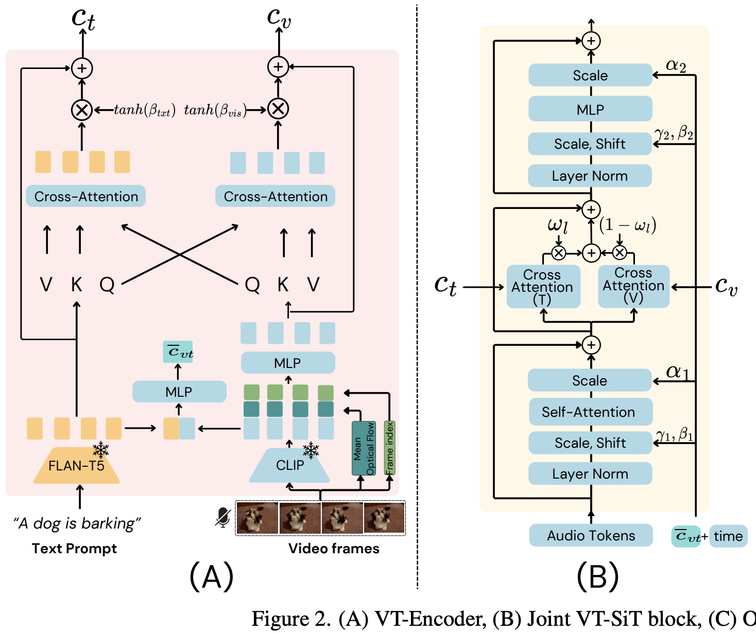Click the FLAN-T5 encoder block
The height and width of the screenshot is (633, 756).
(x=76, y=466)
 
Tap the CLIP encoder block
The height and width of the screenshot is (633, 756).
(x=289, y=465)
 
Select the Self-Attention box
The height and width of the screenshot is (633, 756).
(x=590, y=412)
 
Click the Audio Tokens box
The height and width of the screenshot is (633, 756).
(x=591, y=536)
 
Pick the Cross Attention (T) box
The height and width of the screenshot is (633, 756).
(x=543, y=287)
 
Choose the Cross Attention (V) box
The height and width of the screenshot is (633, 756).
(x=633, y=286)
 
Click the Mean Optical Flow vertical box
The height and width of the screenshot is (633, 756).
(x=364, y=448)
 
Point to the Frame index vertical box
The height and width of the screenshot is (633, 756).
(x=390, y=448)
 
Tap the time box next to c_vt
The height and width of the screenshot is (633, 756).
(x=728, y=536)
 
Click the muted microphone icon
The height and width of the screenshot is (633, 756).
(x=223, y=517)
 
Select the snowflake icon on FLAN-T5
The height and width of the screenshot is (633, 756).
(x=101, y=450)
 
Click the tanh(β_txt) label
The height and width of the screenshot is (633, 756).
(x=145, y=110)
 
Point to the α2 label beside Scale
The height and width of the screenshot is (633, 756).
(x=676, y=66)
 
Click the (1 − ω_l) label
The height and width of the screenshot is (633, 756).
(x=628, y=225)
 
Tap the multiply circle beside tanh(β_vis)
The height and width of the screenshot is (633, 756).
(x=278, y=109)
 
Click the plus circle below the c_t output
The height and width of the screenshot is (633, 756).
(x=82, y=68)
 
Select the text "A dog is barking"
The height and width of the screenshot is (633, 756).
(x=77, y=523)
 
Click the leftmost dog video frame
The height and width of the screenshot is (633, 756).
(x=257, y=518)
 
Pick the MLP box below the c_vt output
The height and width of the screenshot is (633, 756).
(x=179, y=392)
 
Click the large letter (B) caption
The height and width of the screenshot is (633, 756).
(x=597, y=576)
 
